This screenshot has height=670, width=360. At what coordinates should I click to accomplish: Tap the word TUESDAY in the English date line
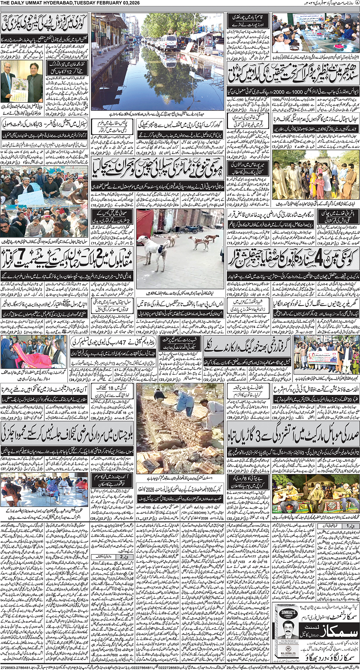(85, 3)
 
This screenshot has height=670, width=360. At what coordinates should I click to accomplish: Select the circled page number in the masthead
(357, 3)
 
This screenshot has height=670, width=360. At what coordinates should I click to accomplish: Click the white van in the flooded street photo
(166, 42)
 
